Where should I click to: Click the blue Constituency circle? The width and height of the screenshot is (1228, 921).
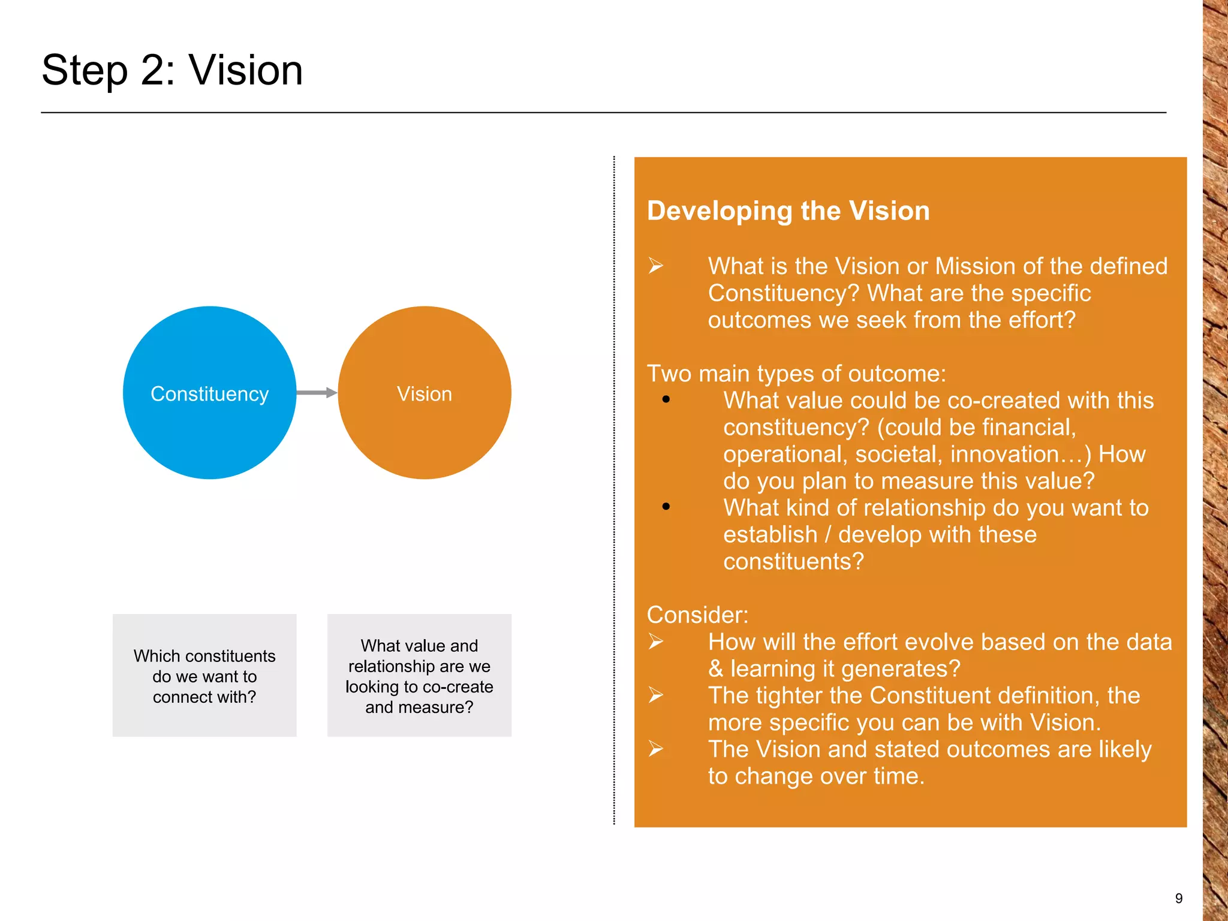coord(209,393)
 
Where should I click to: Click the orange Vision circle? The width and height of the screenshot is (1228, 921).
coord(425,393)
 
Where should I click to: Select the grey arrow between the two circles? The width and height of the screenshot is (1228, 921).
coord(317,393)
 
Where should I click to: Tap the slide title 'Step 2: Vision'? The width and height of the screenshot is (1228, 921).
coord(172,70)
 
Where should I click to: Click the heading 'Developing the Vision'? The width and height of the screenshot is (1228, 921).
coord(788,211)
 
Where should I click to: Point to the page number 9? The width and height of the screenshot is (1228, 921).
coord(1178,898)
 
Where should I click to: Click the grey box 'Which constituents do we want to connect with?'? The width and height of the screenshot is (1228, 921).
coord(204,676)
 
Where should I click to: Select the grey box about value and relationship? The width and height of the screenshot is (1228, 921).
coord(419,676)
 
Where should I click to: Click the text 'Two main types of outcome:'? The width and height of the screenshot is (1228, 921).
coord(796,374)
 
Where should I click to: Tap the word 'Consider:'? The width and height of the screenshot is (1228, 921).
coord(697,615)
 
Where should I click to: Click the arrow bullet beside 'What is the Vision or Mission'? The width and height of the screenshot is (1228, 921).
coord(655,265)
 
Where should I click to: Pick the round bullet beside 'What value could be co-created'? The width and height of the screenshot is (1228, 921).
coord(666,399)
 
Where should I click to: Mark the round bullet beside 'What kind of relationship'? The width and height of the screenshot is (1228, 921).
coord(666,507)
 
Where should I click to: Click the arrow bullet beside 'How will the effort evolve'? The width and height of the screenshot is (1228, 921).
coord(655,642)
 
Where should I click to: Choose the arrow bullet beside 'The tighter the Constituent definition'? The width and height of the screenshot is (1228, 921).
coord(655,696)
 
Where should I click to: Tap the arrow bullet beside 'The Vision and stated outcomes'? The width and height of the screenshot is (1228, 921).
coord(655,749)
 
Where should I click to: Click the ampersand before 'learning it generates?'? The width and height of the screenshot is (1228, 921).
coord(715,669)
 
